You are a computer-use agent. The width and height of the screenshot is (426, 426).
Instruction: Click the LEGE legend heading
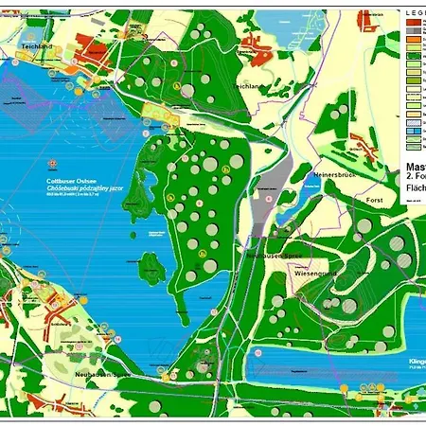[x=414, y=13]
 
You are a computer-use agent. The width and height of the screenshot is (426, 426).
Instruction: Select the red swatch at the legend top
[x=415, y=24]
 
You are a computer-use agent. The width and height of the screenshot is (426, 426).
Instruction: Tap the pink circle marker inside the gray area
[x=269, y=201]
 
